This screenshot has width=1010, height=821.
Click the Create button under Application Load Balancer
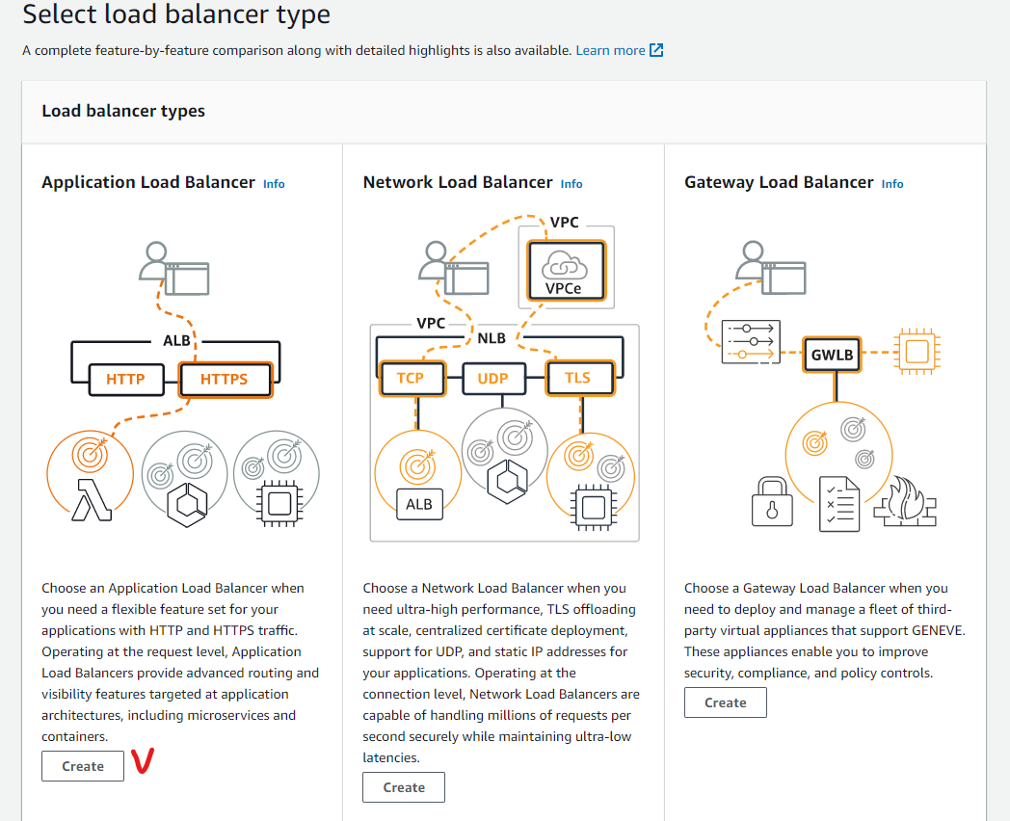(x=83, y=766)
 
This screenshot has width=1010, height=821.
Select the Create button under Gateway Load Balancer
(x=725, y=702)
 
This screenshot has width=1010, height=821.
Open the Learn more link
(x=610, y=50)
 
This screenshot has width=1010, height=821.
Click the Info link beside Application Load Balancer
(x=274, y=183)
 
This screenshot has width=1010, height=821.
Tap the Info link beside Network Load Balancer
(x=571, y=183)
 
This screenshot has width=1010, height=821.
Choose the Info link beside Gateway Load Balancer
(x=892, y=183)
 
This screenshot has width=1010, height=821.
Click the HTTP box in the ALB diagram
(x=125, y=379)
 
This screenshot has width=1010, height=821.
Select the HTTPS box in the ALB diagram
(x=224, y=379)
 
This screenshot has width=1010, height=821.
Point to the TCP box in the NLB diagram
(x=411, y=378)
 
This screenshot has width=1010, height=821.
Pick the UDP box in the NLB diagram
(x=492, y=378)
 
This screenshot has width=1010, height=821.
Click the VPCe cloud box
(x=566, y=269)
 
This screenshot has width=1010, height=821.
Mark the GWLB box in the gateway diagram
(x=833, y=354)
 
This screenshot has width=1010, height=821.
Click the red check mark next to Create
(x=144, y=761)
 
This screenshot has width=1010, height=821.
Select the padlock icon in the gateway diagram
(x=771, y=502)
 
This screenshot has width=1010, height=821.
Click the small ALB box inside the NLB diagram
(x=418, y=504)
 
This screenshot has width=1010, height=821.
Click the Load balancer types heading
(x=123, y=111)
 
